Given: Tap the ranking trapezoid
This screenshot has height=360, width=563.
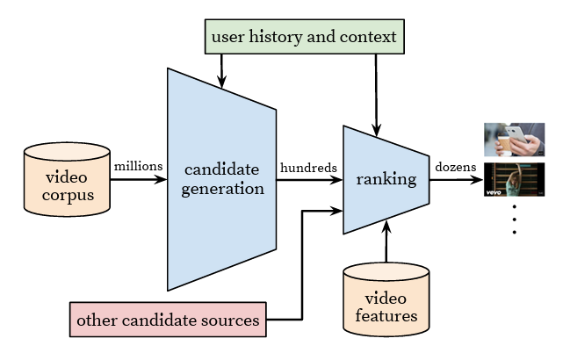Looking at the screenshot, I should pyautogui.click(x=386, y=180).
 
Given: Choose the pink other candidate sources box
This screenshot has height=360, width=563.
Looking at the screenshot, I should pyautogui.click(x=168, y=320).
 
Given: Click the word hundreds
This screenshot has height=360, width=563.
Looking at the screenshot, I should pyautogui.click(x=307, y=165).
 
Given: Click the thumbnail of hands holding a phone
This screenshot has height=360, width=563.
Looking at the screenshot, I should pyautogui.click(x=516, y=140).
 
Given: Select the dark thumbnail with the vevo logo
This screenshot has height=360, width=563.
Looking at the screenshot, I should pyautogui.click(x=516, y=179).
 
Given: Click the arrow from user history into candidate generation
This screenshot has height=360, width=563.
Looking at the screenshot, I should pyautogui.click(x=221, y=70).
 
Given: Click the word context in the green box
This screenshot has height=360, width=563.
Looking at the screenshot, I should pyautogui.click(x=365, y=39).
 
